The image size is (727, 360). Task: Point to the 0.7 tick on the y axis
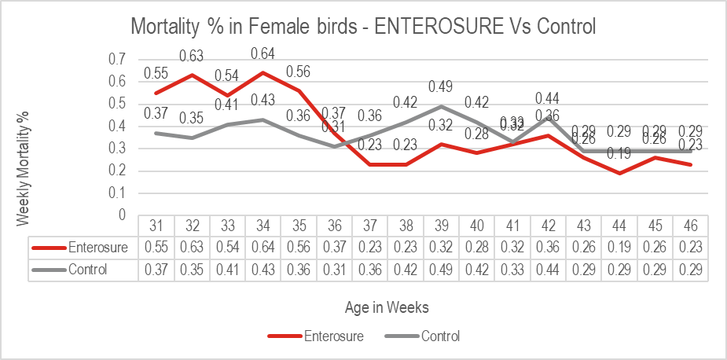(x=116, y=59)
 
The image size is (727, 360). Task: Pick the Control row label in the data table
(x=86, y=270)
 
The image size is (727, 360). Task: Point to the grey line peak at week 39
(x=442, y=106)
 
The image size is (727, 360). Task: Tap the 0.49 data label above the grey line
(x=442, y=86)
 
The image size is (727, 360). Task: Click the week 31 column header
(x=156, y=226)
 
